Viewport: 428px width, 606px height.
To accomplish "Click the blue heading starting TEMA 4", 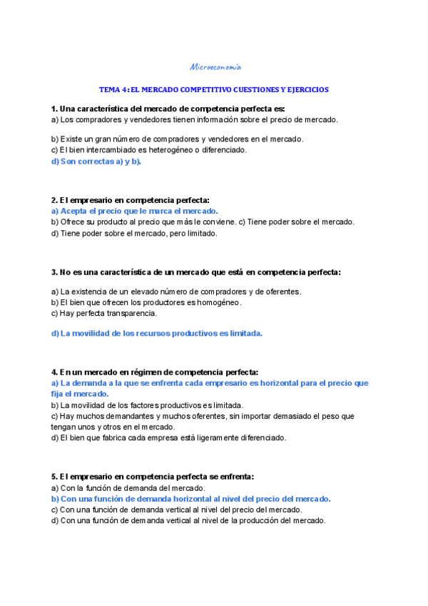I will (x=214, y=90).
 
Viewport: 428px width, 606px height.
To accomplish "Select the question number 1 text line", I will (x=168, y=109).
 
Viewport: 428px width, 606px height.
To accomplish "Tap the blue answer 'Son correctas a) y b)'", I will (x=96, y=161).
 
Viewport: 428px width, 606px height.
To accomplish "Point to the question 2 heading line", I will (x=131, y=201).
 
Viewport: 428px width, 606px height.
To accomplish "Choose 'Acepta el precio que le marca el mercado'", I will (x=135, y=212).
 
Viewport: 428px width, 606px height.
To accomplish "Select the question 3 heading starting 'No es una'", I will (x=196, y=272).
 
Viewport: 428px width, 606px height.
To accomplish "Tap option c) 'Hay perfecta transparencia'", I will (x=104, y=313).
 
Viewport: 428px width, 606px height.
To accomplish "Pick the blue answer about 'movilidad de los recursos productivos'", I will (x=157, y=333).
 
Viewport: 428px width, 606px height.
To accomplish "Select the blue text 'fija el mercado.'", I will (x=80, y=394).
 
